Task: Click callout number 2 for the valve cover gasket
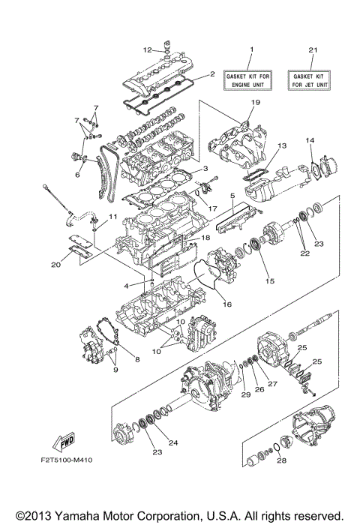coord(212,74)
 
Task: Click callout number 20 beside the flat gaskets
coord(56,264)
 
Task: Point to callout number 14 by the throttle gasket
coord(308,140)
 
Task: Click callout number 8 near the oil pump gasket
coord(136,360)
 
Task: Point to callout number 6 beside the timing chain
coord(76,175)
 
